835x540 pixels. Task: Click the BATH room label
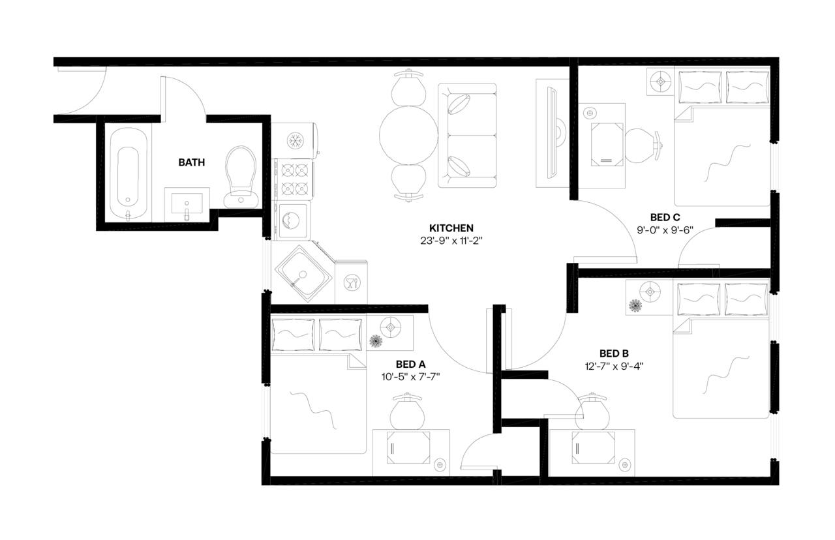click(x=191, y=162)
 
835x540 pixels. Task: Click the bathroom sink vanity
click(x=187, y=205)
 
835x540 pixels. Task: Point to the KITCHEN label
click(x=451, y=228)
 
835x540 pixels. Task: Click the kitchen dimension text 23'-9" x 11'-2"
click(x=451, y=241)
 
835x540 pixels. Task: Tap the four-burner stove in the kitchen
click(x=294, y=179)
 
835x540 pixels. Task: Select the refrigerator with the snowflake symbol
click(x=295, y=140)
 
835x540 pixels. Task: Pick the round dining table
click(x=404, y=136)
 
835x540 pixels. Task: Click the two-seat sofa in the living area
click(x=467, y=136)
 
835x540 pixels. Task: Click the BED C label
click(x=665, y=217)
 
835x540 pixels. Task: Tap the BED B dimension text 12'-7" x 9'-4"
click(x=615, y=366)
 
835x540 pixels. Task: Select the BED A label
click(x=410, y=364)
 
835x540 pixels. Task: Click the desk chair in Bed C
click(x=643, y=144)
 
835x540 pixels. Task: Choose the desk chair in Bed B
click(x=594, y=410)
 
